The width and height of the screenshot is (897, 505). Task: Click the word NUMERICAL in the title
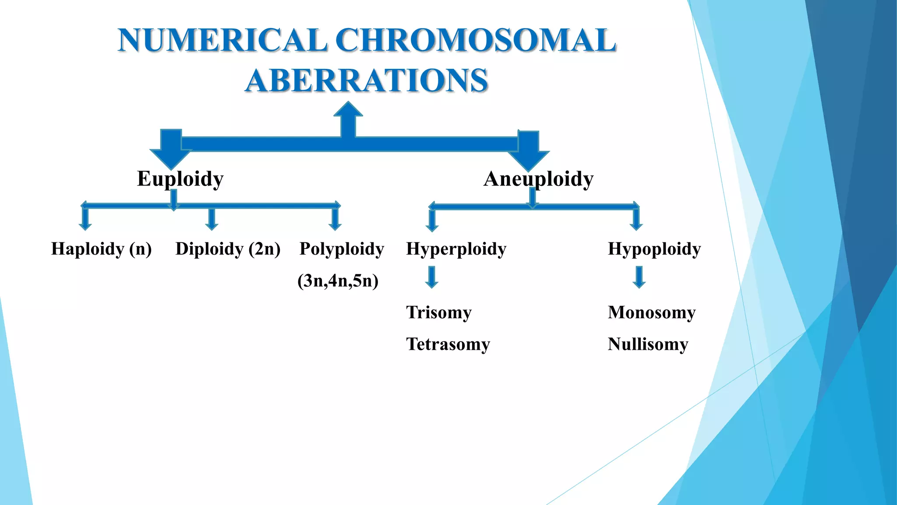[x=222, y=40]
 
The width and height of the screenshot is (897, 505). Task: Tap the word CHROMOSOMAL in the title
[x=476, y=40]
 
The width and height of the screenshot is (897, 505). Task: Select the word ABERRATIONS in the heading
[x=366, y=81]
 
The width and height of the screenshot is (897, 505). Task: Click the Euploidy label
[x=180, y=179]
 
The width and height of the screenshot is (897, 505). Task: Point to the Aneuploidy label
[x=538, y=179]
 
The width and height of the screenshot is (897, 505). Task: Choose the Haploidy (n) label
[x=101, y=249]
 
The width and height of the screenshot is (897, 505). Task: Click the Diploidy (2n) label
[x=228, y=249]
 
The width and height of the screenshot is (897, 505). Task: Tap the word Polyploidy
[x=342, y=249]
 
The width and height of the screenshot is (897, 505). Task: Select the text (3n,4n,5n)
[x=338, y=281]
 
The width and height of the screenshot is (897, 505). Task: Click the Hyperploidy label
[x=456, y=249]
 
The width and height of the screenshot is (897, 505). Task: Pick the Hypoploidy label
[x=654, y=249]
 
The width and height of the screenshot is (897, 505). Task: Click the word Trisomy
[x=439, y=312]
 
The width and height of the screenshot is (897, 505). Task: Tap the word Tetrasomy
[x=448, y=344]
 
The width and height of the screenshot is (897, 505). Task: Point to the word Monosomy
[x=651, y=312]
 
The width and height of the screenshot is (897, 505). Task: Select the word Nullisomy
[x=648, y=344]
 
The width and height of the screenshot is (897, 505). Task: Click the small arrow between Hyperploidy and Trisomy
[x=432, y=277]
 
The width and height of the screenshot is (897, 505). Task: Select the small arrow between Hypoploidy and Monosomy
[x=639, y=277]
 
